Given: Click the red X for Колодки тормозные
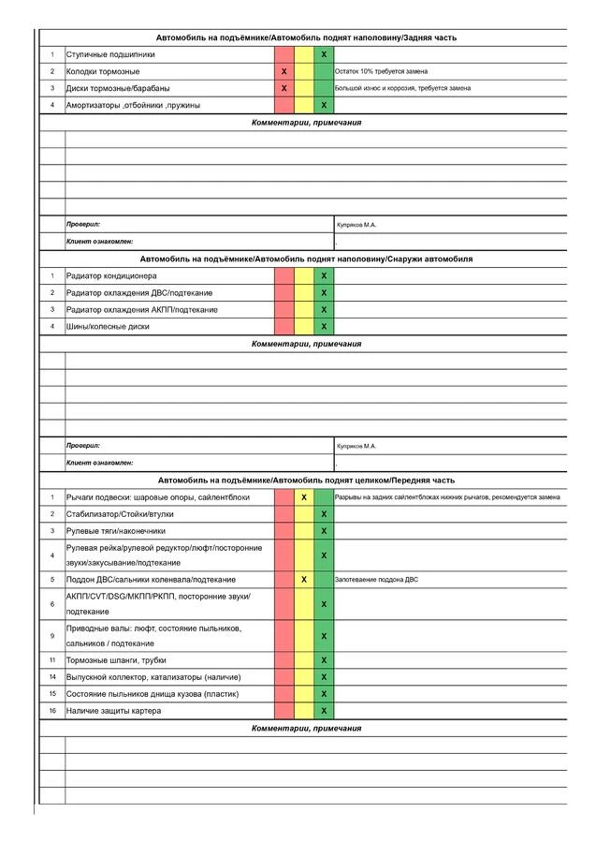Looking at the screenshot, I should [284, 71].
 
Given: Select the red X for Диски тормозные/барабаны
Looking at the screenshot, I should [284, 88].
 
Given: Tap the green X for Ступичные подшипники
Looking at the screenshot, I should [324, 54].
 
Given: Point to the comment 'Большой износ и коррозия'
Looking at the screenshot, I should [402, 88].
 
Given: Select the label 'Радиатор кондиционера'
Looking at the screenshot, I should [111, 276].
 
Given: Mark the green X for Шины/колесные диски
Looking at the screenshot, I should [324, 327].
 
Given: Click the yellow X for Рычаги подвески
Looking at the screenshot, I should [304, 497].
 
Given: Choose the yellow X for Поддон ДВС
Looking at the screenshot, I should [304, 580].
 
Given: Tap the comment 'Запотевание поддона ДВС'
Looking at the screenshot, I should [377, 580].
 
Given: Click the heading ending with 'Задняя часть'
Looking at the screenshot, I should [306, 37].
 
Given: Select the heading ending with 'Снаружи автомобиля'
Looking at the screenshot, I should [306, 259].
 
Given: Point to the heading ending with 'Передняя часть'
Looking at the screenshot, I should [306, 480].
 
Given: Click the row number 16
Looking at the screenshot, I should [52, 711].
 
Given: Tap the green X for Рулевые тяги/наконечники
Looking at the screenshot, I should [324, 531].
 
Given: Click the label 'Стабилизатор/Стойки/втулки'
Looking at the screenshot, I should [119, 514].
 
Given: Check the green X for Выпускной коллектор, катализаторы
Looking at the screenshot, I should [324, 677].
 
